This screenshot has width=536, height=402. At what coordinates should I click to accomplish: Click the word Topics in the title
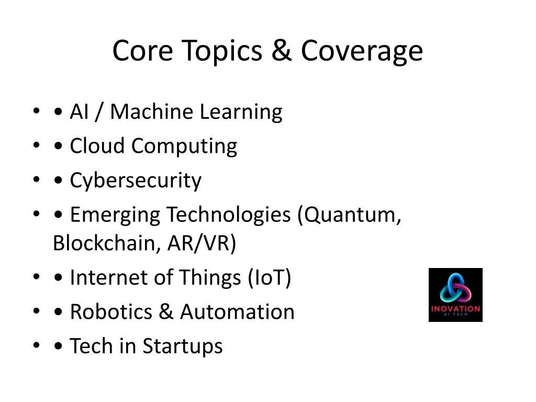[222, 51]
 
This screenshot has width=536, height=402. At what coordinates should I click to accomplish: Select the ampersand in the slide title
[282, 50]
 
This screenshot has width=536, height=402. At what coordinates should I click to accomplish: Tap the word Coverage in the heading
[362, 51]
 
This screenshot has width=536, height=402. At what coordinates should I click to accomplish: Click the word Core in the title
[142, 50]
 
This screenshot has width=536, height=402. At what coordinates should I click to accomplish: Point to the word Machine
[151, 111]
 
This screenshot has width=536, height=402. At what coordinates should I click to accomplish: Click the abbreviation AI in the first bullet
[79, 111]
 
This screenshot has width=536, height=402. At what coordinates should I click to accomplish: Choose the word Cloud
[97, 146]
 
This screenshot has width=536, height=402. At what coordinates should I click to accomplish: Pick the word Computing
[184, 147]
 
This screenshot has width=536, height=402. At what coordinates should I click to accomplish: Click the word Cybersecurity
[136, 181]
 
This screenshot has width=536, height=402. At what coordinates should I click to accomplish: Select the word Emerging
[115, 215]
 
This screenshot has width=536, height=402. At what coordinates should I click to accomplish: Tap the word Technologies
[229, 215]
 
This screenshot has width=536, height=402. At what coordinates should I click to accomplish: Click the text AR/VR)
[202, 243]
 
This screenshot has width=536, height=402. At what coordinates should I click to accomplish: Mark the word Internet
[109, 277]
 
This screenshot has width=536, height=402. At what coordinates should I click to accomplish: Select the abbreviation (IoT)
[270, 277]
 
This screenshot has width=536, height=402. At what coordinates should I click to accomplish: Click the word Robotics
[111, 312]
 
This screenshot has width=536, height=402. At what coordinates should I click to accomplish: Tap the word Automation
[237, 312]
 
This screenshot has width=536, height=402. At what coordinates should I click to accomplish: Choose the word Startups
[183, 347]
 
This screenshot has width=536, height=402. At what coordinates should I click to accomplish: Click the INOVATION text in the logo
[455, 309]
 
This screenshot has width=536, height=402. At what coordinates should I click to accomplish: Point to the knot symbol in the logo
[455, 288]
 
